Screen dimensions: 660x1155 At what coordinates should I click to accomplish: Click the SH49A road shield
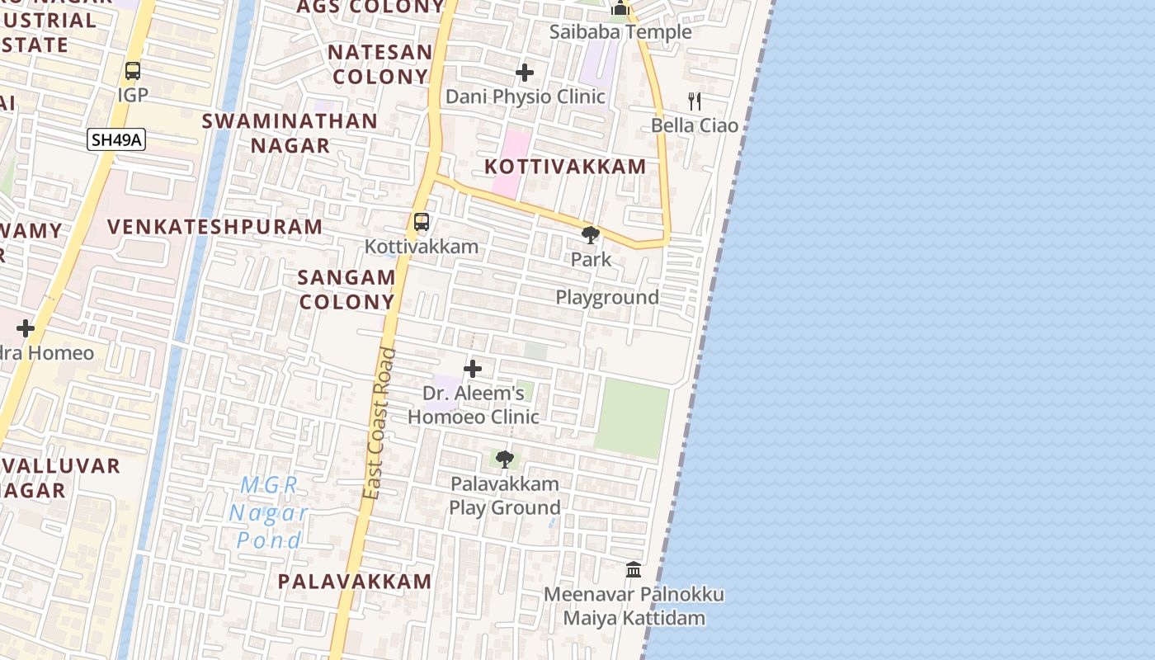[116, 139]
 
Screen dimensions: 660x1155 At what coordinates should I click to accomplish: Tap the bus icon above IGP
[133, 71]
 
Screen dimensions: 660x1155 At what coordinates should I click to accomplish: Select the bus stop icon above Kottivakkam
[422, 221]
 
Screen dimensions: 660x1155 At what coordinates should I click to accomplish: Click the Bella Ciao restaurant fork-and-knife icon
[695, 101]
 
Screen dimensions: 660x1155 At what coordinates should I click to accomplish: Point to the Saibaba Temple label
[620, 32]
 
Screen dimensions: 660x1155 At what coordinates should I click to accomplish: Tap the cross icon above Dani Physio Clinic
[525, 73]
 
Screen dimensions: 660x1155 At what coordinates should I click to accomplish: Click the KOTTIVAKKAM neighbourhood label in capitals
[565, 166]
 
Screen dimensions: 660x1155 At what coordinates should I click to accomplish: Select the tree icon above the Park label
[591, 235]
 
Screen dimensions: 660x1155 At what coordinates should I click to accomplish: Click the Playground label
[607, 297]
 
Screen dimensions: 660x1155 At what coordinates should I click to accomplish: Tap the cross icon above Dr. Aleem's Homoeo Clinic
[473, 368]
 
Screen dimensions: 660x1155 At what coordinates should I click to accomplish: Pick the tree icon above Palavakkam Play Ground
[504, 459]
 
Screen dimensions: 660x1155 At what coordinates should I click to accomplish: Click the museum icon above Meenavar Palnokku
[634, 569]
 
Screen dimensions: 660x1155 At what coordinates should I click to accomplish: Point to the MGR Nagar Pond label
[268, 512]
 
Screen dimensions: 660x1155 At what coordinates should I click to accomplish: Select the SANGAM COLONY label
[347, 290]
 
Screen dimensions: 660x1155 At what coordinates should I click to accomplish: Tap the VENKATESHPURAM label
[215, 226]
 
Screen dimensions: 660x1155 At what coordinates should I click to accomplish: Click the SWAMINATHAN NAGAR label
[290, 133]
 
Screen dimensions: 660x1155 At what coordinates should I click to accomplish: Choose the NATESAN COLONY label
[379, 64]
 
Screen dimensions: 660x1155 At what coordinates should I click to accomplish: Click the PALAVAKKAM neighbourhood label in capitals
[355, 581]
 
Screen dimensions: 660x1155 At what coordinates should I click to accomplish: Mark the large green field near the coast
[632, 417]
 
